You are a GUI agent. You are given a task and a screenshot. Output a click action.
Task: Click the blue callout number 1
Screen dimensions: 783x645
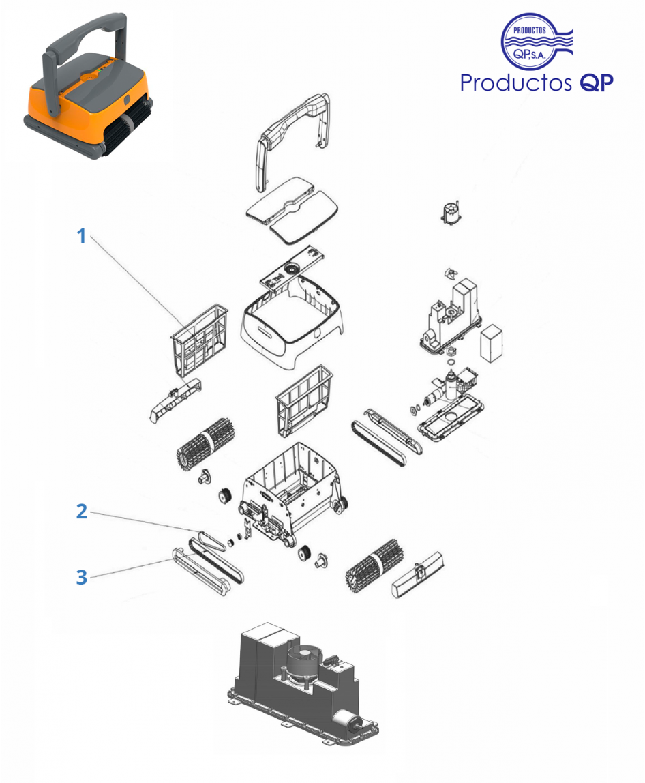tap(82, 237)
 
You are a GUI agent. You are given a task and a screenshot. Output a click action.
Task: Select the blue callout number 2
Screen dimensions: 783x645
tap(82, 512)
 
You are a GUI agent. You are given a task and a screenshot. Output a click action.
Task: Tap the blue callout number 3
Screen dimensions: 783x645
tap(82, 577)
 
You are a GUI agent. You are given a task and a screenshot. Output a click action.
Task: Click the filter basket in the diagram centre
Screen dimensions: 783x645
tap(303, 399)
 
